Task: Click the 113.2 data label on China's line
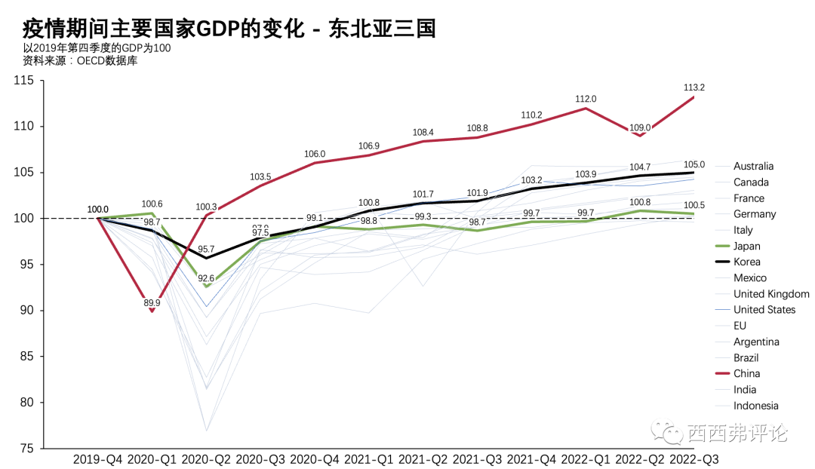point(694,87)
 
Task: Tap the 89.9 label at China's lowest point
point(152,303)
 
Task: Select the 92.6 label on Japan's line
point(207,279)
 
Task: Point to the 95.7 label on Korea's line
point(206,250)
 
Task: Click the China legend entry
point(746,374)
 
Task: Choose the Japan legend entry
point(746,247)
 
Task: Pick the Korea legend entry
point(746,262)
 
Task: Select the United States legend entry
point(764,310)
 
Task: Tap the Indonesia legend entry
point(755,406)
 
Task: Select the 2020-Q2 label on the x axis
point(207,458)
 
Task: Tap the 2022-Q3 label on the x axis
point(694,458)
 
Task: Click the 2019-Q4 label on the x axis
point(98,458)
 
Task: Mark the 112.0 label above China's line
point(586,99)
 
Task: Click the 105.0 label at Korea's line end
point(694,164)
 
